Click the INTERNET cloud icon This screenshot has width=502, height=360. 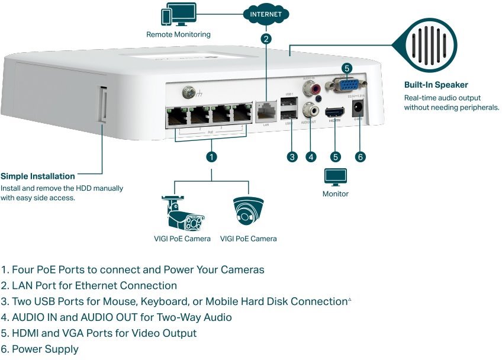[x=266, y=14]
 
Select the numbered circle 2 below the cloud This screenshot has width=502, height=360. [x=266, y=39]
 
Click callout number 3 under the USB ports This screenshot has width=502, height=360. [x=292, y=157]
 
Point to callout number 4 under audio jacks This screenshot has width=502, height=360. [x=311, y=157]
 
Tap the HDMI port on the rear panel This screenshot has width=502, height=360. [x=336, y=111]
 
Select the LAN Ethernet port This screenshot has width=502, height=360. [x=266, y=111]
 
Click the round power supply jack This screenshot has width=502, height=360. [x=358, y=109]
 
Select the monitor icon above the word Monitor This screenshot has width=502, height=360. [x=335, y=177]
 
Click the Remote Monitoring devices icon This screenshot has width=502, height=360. [x=178, y=16]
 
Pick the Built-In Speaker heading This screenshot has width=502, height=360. [x=436, y=85]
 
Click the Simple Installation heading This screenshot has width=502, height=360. [x=38, y=176]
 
